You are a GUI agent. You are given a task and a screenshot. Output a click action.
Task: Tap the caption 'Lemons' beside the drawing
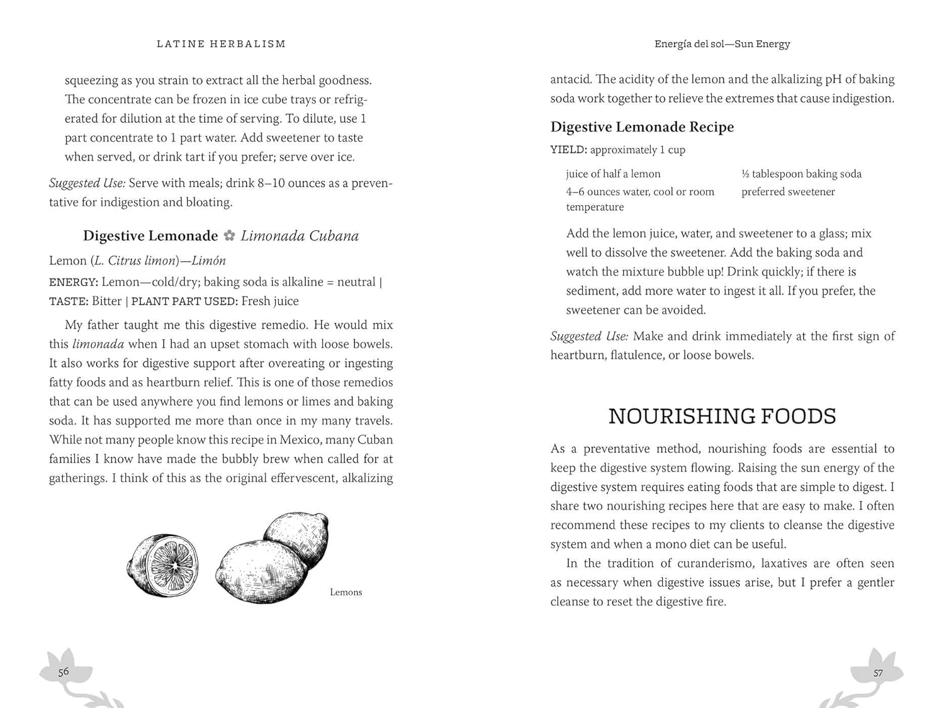point(346,592)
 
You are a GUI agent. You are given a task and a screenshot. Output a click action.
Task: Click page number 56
point(64,671)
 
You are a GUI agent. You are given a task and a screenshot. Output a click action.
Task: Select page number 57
point(878,673)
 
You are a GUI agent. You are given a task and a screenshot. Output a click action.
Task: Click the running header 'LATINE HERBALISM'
point(221,44)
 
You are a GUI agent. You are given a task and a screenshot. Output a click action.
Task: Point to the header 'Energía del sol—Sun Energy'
point(722,44)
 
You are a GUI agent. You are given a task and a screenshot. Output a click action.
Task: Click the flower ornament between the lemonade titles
point(230,236)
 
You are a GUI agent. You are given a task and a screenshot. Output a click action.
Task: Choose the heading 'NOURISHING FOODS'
point(722,416)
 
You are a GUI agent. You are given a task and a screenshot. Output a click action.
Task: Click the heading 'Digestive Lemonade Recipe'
point(642,127)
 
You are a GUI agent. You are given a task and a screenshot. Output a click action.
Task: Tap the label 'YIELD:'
point(568,150)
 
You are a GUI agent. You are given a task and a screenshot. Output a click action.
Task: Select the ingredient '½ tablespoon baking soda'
point(801,174)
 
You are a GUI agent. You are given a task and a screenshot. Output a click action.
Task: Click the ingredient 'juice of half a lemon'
point(613,174)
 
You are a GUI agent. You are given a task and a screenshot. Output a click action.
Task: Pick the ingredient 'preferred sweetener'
point(788,192)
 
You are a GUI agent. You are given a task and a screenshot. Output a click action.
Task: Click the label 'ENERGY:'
point(73,283)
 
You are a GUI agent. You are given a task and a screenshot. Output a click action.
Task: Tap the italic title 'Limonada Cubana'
point(300,236)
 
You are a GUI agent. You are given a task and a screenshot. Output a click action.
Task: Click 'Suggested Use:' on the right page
point(589,336)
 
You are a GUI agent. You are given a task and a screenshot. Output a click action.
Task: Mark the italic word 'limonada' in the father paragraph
point(98,344)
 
